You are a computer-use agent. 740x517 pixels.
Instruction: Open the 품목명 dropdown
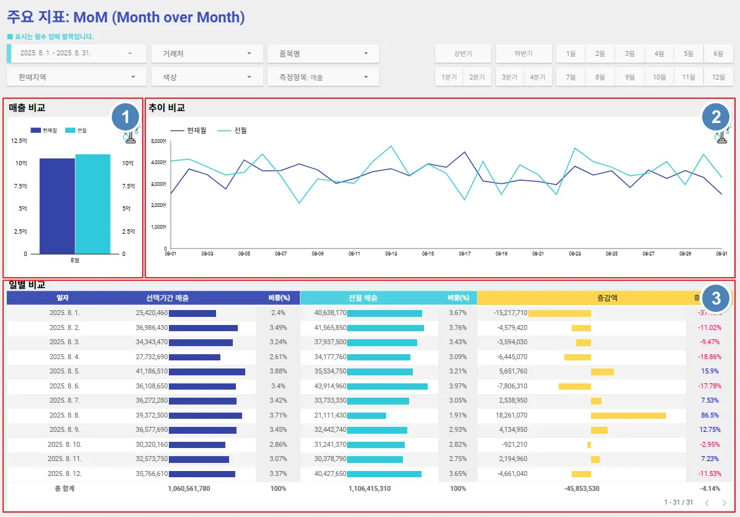click(323, 53)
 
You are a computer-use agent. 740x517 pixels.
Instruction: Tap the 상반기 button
click(463, 53)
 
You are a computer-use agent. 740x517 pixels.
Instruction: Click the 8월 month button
click(600, 77)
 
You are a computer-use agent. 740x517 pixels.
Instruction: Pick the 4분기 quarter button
click(537, 77)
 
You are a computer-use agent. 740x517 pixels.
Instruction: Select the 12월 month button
click(718, 77)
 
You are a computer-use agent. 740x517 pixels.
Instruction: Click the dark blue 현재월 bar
click(57, 206)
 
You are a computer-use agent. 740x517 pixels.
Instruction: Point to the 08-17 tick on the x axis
click(464, 254)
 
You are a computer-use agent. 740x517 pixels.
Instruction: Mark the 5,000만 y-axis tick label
click(158, 141)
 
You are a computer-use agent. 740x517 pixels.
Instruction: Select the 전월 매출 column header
click(363, 298)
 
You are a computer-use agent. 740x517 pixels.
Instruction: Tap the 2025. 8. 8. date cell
click(65, 415)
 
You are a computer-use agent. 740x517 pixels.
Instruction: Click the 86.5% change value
click(710, 415)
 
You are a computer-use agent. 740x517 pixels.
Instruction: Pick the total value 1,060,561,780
click(189, 488)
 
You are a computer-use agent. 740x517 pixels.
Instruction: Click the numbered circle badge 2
click(716, 117)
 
